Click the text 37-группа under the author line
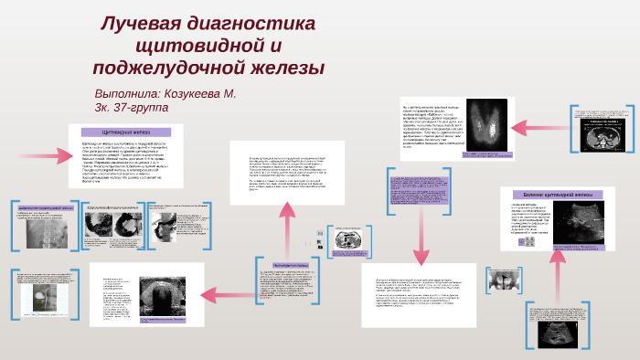[x=136, y=108]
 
